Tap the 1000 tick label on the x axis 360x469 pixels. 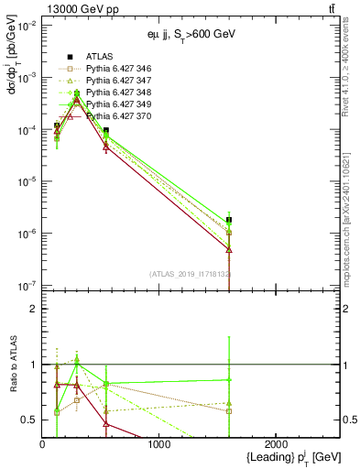(159, 443)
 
